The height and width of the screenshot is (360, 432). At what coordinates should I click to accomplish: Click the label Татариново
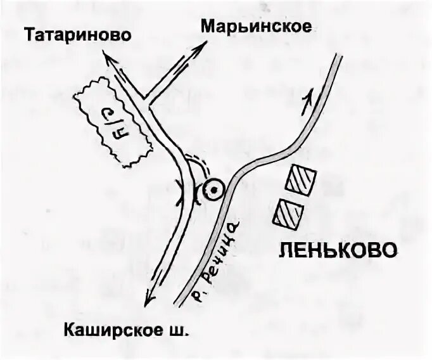pyautogui.click(x=79, y=34)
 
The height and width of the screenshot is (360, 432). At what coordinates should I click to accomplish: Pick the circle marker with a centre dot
pyautogui.click(x=213, y=190)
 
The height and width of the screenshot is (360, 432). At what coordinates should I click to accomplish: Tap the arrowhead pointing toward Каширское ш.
pyautogui.click(x=148, y=297)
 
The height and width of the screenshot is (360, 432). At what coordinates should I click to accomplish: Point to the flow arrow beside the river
pyautogui.click(x=310, y=97)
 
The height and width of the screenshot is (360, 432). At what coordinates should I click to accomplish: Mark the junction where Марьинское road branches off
pyautogui.click(x=146, y=100)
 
